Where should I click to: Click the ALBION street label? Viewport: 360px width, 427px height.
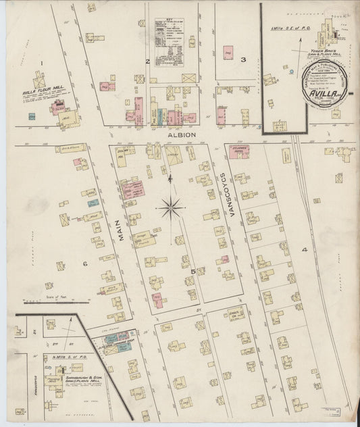pyautogui.click(x=182, y=134)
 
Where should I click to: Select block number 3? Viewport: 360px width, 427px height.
pyautogui.click(x=242, y=60)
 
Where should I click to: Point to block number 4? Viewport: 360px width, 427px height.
pyautogui.click(x=305, y=250)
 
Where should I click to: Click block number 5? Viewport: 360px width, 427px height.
pyautogui.click(x=192, y=271)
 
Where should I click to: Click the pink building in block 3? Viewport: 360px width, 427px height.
pyautogui.click(x=228, y=51)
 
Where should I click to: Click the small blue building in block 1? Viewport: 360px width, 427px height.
pyautogui.click(x=32, y=116)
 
